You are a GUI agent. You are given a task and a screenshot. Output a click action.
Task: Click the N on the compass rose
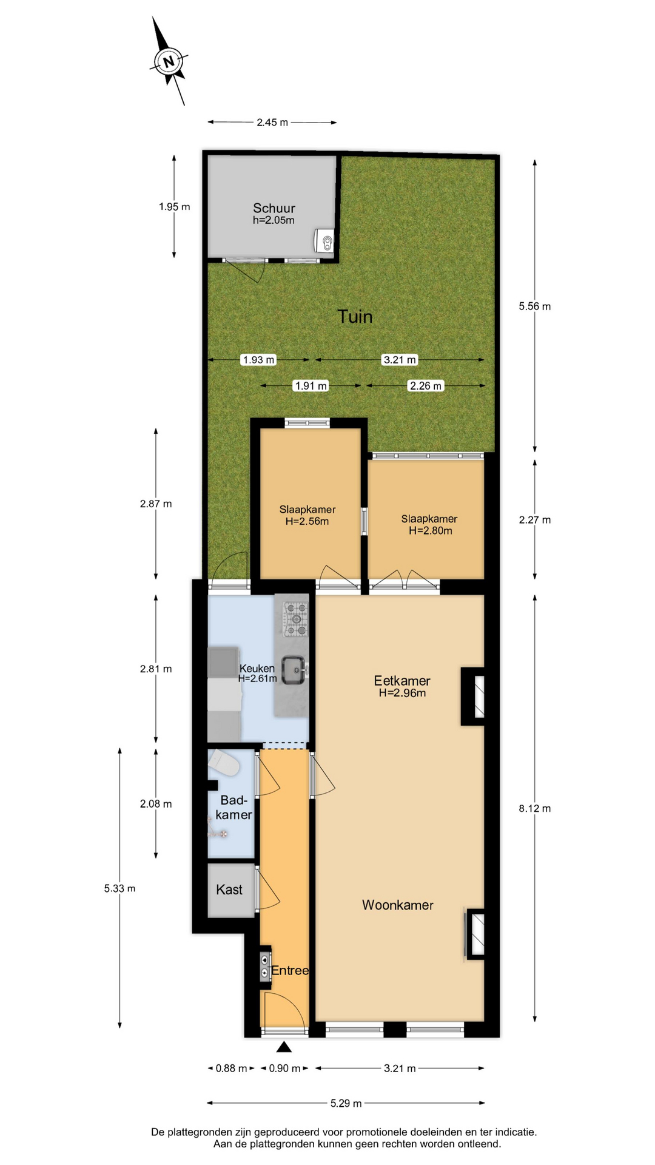(169, 61)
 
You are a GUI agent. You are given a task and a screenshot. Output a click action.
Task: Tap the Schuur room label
(274, 208)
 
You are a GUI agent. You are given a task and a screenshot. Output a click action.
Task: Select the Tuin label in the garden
(355, 316)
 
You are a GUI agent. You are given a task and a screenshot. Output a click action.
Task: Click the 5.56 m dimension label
(534, 306)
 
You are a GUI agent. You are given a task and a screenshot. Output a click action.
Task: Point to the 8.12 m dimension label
(534, 808)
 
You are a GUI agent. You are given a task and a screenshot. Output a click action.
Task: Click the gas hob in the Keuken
(296, 618)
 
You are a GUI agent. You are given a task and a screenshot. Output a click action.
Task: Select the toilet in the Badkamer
(223, 763)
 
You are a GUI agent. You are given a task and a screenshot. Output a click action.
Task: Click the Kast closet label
(229, 890)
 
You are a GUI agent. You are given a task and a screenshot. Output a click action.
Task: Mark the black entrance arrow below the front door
(284, 1046)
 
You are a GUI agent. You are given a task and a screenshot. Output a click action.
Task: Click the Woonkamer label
(398, 905)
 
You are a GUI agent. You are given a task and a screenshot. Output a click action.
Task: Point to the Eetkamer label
(402, 681)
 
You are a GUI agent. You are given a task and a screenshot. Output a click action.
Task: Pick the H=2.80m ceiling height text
(431, 531)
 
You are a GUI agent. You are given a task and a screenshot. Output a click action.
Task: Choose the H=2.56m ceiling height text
(307, 521)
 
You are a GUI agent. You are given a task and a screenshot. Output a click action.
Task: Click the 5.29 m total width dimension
(346, 1103)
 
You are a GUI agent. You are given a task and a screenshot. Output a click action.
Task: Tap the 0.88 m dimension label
(231, 1068)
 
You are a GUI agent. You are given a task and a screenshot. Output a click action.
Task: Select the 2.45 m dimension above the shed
(272, 123)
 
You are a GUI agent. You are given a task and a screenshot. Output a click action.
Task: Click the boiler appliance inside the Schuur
(324, 240)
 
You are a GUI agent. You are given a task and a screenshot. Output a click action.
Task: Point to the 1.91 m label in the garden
(311, 386)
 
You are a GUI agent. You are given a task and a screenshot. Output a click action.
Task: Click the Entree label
(289, 970)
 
